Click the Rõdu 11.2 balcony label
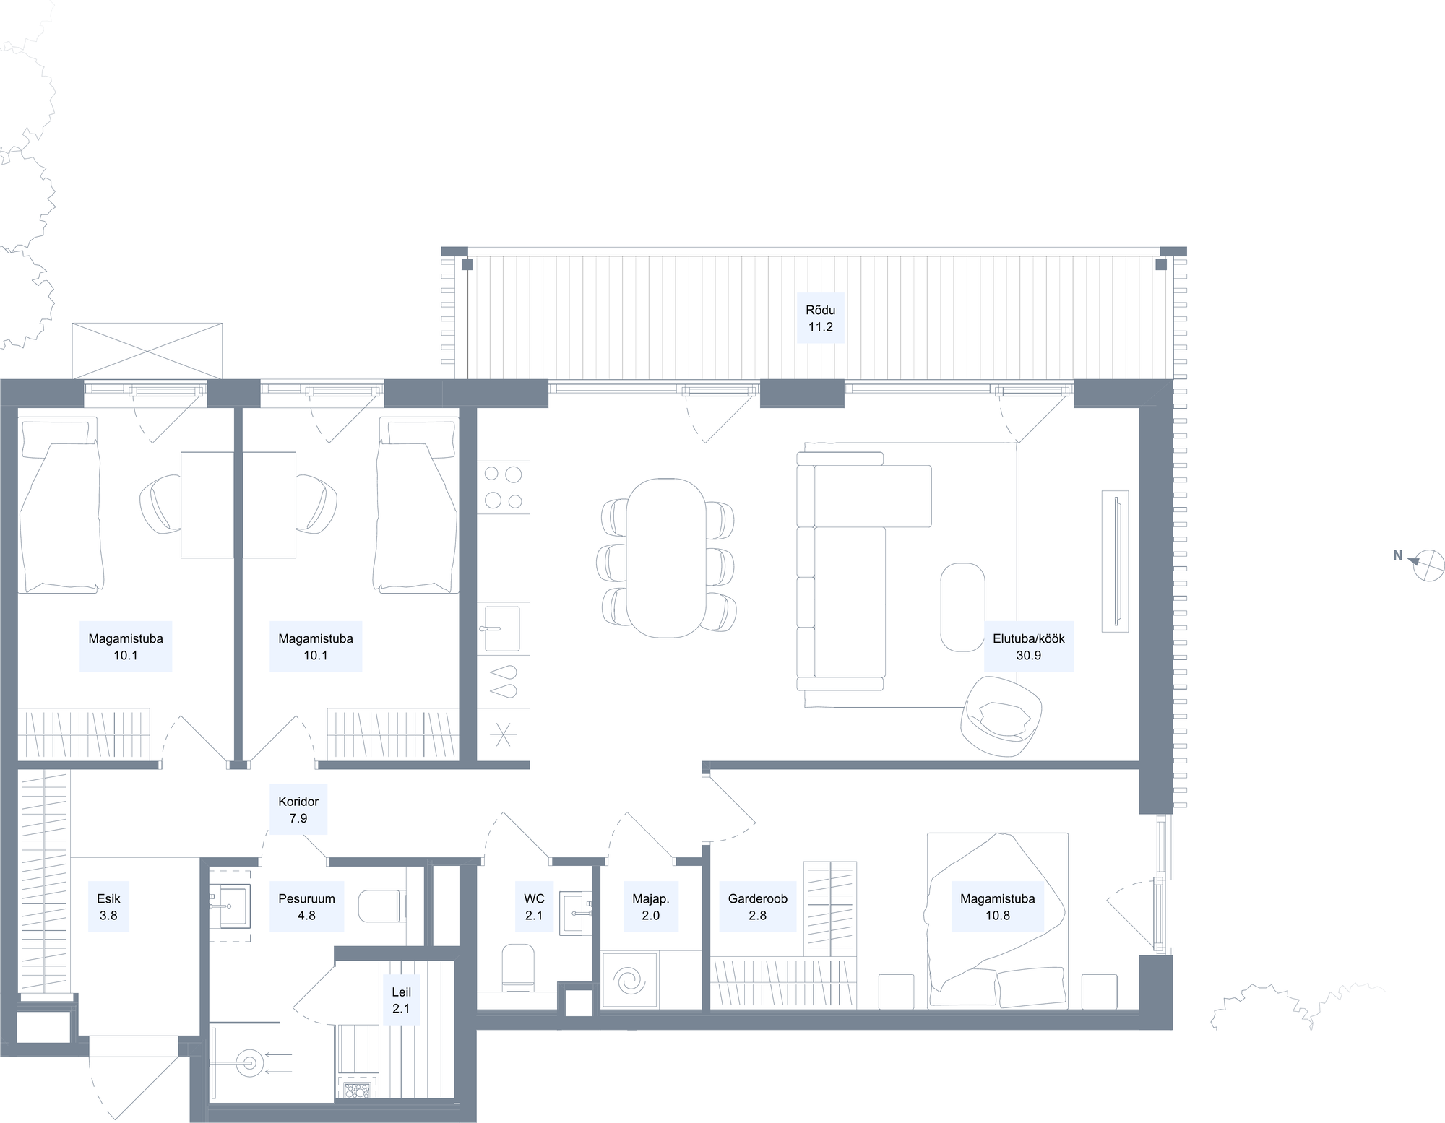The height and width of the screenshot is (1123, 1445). pyautogui.click(x=820, y=318)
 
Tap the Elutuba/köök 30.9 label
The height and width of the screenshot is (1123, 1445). pyautogui.click(x=1028, y=647)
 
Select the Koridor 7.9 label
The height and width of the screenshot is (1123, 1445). pyautogui.click(x=298, y=810)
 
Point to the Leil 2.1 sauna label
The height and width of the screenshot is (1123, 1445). pyautogui.click(x=401, y=1001)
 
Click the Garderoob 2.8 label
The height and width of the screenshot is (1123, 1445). pyautogui.click(x=757, y=907)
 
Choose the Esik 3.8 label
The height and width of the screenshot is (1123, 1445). pyautogui.click(x=108, y=907)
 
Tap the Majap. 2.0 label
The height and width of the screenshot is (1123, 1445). pyautogui.click(x=650, y=907)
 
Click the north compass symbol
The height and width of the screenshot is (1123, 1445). pyautogui.click(x=1427, y=565)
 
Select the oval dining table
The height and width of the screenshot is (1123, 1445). pyautogui.click(x=665, y=558)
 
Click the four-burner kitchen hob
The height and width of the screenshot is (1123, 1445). pyautogui.click(x=504, y=487)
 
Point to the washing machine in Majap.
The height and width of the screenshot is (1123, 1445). pyautogui.click(x=630, y=980)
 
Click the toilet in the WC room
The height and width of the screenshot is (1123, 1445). pyautogui.click(x=517, y=966)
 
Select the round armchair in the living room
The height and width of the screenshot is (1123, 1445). pyautogui.click(x=1001, y=716)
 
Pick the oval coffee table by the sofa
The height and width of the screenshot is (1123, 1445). pyautogui.click(x=962, y=607)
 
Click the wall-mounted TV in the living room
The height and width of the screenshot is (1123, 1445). pyautogui.click(x=1115, y=561)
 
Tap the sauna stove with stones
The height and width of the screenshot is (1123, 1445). pyautogui.click(x=358, y=1089)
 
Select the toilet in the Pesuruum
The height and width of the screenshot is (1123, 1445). pyautogui.click(x=379, y=906)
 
